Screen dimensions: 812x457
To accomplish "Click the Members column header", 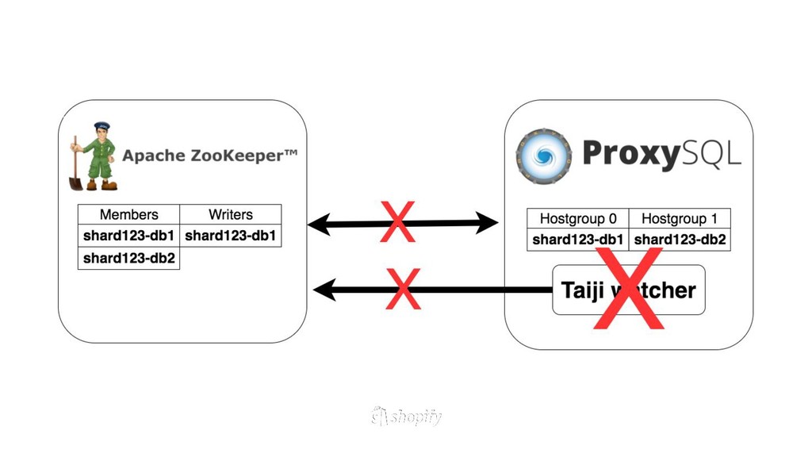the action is pos(128,214).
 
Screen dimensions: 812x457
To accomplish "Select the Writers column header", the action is pos(230,214).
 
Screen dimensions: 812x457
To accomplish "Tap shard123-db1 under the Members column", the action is pos(128,236).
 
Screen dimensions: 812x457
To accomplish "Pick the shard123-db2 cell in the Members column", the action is pos(128,258).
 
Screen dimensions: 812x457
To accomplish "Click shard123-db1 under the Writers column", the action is pos(230,236).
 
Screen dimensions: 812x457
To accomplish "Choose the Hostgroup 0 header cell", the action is pos(577,218).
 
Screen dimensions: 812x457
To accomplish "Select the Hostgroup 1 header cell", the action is pos(679,218).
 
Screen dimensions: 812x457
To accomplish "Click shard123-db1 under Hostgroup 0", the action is pos(577,240).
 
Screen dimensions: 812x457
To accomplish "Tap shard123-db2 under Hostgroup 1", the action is pos(680,240).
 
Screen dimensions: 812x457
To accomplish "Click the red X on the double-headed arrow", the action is pos(397,223).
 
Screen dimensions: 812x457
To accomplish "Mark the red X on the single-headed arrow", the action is pos(403,289).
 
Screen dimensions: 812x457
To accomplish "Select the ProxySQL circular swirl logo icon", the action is pos(543,155).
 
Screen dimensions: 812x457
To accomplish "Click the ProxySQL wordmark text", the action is pos(661,153).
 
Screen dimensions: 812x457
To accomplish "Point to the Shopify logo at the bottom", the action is pos(406,417).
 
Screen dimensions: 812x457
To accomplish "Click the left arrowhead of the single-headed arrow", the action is pos(324,290).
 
